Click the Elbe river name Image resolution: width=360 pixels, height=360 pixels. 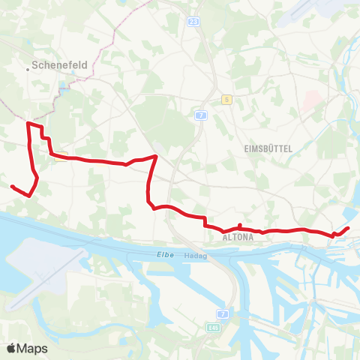pos(166,255)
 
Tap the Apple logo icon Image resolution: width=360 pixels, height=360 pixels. pos(11,348)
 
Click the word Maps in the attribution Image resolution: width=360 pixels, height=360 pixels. pos(33,348)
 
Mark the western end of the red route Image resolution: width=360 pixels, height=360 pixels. pos(12,186)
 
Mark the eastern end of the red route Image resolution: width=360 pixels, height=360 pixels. pos(348,228)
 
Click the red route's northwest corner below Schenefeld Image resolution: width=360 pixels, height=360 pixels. pos(28,123)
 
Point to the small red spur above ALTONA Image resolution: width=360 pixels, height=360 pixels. pos(239,226)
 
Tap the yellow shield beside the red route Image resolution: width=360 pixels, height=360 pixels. pos(59,156)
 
